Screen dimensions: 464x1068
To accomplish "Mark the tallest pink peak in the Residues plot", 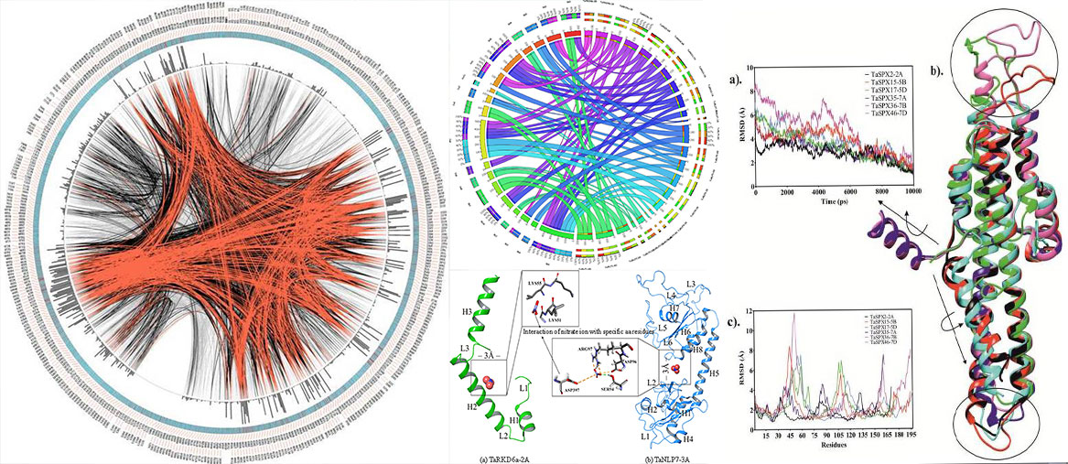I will pos(794,315).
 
